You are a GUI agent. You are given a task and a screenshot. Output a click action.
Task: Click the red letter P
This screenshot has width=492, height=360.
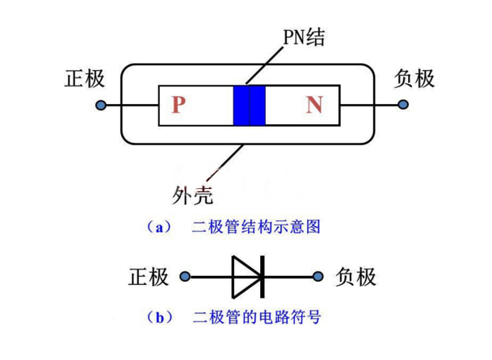179,105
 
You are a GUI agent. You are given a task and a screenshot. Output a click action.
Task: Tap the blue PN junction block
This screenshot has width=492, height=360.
249,105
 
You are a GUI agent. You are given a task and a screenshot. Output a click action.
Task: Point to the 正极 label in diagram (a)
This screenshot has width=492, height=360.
85,78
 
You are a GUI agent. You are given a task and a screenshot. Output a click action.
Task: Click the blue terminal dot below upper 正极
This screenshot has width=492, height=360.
99,105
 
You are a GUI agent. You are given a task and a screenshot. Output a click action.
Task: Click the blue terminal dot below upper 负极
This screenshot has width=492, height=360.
403,105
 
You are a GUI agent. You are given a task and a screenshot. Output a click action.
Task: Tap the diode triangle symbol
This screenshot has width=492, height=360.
247,277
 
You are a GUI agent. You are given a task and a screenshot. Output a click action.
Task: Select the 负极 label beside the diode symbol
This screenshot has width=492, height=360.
355,277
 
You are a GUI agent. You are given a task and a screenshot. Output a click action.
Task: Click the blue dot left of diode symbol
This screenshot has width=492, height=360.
185,277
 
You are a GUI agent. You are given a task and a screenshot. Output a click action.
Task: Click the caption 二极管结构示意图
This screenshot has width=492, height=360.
256,227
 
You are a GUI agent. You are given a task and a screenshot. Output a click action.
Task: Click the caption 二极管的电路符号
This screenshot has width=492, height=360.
256,317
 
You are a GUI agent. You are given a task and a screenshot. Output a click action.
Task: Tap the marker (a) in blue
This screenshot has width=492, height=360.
158,227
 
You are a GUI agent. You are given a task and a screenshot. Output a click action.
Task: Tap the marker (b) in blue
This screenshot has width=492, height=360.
158,317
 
